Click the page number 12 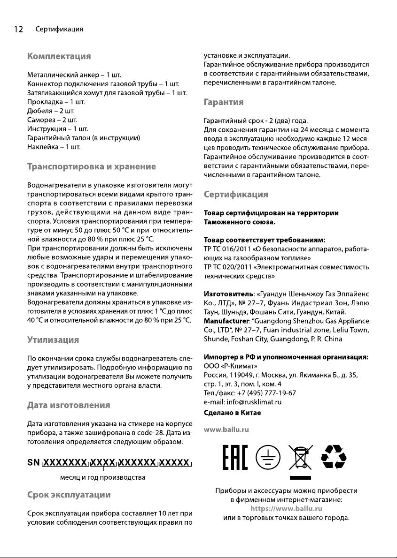(x=18, y=30)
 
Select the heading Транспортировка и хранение (x=92, y=166)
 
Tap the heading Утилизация (x=53, y=339)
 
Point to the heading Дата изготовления (x=69, y=404)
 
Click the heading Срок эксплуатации (x=70, y=494)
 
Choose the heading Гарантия (x=223, y=102)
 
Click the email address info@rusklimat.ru (x=242, y=402)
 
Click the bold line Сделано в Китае (x=232, y=413)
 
